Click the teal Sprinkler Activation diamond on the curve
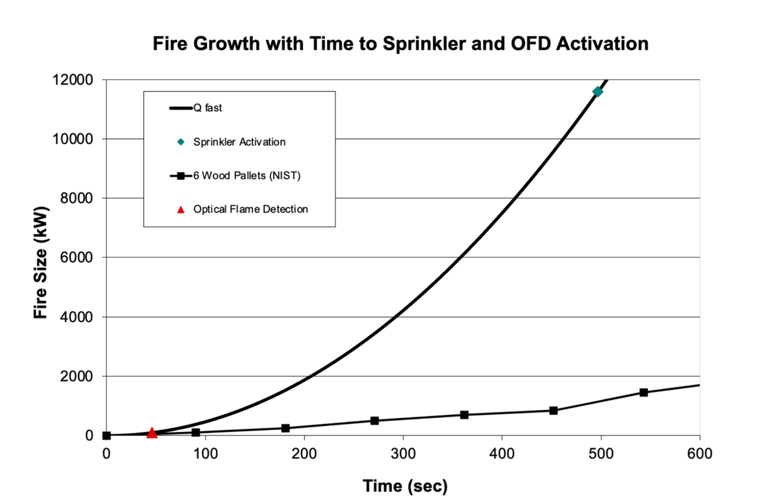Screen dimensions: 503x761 click(x=598, y=91)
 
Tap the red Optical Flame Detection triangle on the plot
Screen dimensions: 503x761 click(x=152, y=433)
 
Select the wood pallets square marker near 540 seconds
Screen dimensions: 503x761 click(x=643, y=392)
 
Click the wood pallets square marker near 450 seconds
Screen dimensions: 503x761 click(x=553, y=410)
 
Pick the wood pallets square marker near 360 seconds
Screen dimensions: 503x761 click(x=464, y=415)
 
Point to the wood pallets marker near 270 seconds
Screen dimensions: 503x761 click(x=375, y=421)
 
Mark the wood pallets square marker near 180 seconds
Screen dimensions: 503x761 click(x=285, y=428)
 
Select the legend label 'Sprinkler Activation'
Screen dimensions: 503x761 click(x=239, y=142)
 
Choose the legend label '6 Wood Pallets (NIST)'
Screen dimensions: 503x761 click(x=246, y=175)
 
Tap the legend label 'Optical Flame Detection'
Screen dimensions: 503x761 click(x=250, y=209)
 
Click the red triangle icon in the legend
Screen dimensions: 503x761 click(x=181, y=209)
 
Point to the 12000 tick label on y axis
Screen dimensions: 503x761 click(x=72, y=80)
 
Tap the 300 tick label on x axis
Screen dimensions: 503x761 click(x=403, y=454)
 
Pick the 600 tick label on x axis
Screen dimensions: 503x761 click(x=699, y=454)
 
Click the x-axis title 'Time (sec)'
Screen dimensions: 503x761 click(x=405, y=485)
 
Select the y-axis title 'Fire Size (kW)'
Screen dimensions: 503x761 click(x=40, y=262)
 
